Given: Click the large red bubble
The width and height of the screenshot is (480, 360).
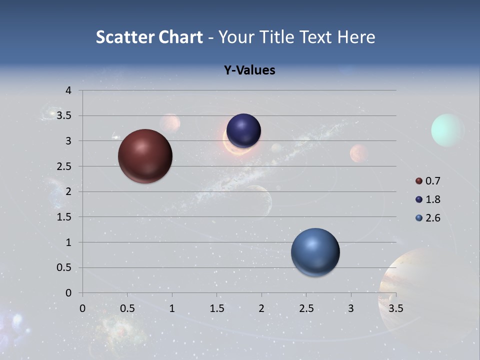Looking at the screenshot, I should (145, 156).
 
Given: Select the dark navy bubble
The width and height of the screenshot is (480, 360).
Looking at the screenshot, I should (243, 131).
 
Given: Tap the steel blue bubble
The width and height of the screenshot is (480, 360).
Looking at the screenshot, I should (315, 252).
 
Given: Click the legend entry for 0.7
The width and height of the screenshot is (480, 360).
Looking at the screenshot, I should (428, 181).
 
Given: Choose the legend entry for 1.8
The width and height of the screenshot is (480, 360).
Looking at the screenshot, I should (428, 199).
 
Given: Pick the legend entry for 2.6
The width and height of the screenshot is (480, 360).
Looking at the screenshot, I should (428, 218).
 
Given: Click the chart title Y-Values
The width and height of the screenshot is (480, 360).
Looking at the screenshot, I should (249, 70).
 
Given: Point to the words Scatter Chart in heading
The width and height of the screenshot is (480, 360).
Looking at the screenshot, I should (149, 37).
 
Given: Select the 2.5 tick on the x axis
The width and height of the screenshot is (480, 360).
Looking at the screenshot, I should (306, 308).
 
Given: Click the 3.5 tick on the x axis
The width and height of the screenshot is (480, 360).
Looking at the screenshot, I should (395, 308).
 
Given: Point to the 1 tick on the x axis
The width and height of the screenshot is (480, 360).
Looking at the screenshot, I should (172, 308).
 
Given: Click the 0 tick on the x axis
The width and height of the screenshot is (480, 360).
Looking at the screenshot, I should (82, 308).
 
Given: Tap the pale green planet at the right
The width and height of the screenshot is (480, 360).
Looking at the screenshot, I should (447, 130).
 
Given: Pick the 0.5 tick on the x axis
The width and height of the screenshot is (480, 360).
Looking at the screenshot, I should (127, 308).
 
